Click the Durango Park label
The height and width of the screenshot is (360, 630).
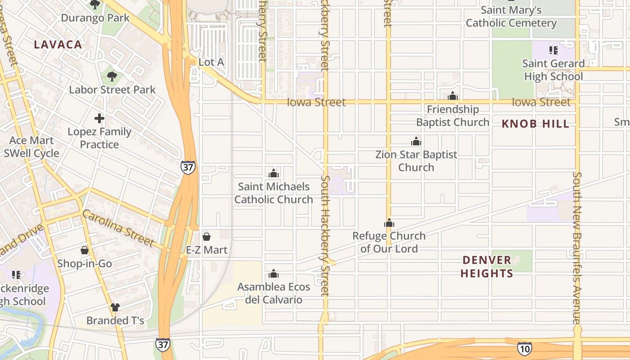click(x=95, y=18)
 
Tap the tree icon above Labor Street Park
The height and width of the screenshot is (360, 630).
click(x=112, y=76)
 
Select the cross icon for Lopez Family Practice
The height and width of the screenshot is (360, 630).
click(x=99, y=118)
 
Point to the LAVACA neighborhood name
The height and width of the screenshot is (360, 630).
click(x=58, y=45)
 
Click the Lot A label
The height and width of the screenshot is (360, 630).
click(x=211, y=62)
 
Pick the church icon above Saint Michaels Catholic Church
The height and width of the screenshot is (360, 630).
click(x=273, y=173)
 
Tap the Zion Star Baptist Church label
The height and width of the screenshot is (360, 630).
click(x=416, y=161)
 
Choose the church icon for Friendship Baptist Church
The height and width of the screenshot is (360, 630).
click(x=453, y=96)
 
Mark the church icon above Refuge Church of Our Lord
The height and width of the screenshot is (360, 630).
click(x=389, y=223)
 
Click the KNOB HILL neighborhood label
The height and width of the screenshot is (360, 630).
click(x=535, y=124)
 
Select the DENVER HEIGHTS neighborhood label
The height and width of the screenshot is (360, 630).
click(x=487, y=266)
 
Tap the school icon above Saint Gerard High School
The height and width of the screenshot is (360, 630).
click(x=553, y=50)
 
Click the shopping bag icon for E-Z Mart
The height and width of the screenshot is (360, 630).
click(x=207, y=236)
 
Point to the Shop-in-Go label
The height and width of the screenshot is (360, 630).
click(x=85, y=264)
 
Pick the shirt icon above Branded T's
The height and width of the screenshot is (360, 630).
click(x=115, y=307)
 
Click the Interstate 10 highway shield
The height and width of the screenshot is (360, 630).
click(x=524, y=348)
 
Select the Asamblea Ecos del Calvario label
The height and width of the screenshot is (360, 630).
click(x=274, y=293)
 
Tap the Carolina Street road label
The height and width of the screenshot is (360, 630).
click(x=118, y=228)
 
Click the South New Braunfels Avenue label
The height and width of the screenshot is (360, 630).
click(x=577, y=247)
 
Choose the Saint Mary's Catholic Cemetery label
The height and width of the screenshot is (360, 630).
click(x=511, y=16)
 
